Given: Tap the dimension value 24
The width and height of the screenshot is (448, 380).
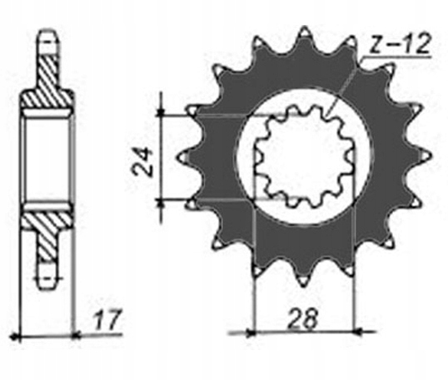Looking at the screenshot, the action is pos(142,160).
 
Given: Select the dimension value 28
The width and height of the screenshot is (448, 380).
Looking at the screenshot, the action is pos(303,318).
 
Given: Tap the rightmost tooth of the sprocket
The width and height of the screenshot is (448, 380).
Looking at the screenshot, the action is pos(425,156).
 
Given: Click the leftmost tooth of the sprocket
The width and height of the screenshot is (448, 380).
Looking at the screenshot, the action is pos(185,157).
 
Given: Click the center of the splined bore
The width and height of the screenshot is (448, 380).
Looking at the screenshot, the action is pos(304,155).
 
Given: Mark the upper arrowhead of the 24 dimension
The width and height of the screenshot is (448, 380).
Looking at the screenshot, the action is pos(162,113).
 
